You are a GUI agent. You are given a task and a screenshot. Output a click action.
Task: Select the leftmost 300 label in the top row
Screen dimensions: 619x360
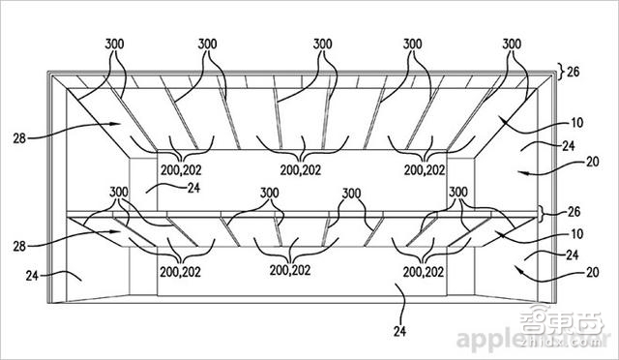click(115, 45)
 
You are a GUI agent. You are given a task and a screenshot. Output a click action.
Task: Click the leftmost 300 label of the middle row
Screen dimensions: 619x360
click(119, 193)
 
